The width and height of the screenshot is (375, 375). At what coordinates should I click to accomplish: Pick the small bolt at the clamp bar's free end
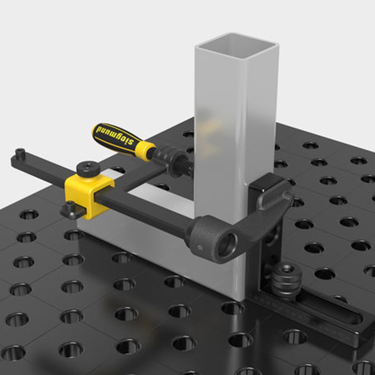pos(20,153)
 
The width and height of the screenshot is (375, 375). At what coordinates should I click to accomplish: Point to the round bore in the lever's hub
pos(227,245)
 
